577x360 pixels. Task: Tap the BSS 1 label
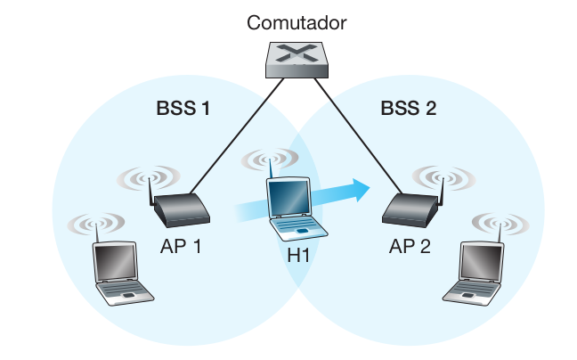pyautogui.click(x=183, y=110)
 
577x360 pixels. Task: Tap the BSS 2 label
pyautogui.click(x=409, y=110)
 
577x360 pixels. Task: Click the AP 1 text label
pyautogui.click(x=182, y=244)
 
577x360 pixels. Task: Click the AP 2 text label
pyautogui.click(x=410, y=244)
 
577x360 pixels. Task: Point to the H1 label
pyautogui.click(x=298, y=257)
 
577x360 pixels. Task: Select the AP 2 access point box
pyautogui.click(x=410, y=210)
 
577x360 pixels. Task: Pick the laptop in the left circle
pyautogui.click(x=118, y=272)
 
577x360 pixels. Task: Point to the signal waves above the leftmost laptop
pyautogui.click(x=95, y=223)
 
